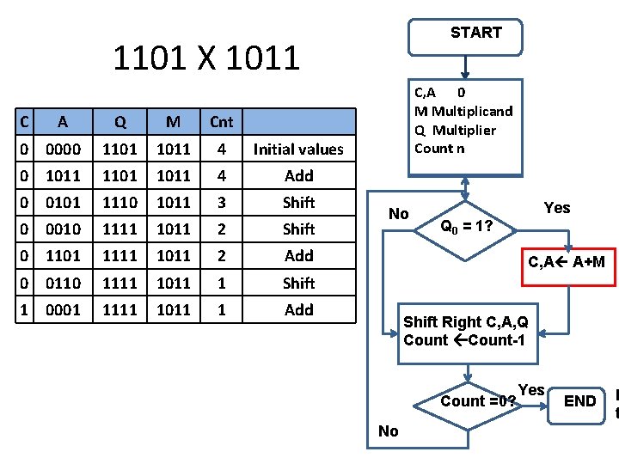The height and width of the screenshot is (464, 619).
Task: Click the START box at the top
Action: point(475,34)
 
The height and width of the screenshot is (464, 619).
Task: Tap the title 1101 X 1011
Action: point(206,58)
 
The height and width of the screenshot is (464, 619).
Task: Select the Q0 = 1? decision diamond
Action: point(465,228)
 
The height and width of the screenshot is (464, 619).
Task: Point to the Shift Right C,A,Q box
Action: point(465,331)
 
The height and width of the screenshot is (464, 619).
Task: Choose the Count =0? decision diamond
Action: point(469,401)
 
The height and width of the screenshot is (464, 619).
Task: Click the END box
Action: point(579,400)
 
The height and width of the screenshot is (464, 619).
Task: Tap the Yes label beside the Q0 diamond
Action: point(556,208)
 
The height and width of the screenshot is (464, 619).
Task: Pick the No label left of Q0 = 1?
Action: point(398,214)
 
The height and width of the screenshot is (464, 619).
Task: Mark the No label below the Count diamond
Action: point(388,431)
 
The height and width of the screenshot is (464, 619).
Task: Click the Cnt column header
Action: point(221,122)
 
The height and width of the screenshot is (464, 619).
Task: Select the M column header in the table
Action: point(173,122)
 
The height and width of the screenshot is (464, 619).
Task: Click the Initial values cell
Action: point(298,150)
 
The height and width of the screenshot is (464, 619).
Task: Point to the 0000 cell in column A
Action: point(64,150)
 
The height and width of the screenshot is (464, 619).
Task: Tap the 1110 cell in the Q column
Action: point(120,203)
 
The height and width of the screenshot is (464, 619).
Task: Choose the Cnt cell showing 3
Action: point(221,203)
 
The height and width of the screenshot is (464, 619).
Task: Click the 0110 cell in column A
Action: point(64,283)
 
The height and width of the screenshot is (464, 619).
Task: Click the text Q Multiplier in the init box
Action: point(455,130)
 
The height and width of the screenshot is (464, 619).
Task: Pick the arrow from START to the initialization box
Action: point(465,65)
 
